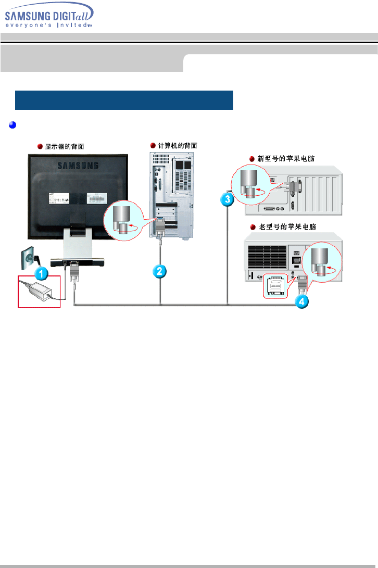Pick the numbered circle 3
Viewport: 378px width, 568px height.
click(x=227, y=199)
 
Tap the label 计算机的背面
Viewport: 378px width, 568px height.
click(x=178, y=145)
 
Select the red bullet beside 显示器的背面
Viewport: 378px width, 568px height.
click(x=40, y=146)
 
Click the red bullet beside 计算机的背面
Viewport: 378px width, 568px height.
click(x=153, y=145)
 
